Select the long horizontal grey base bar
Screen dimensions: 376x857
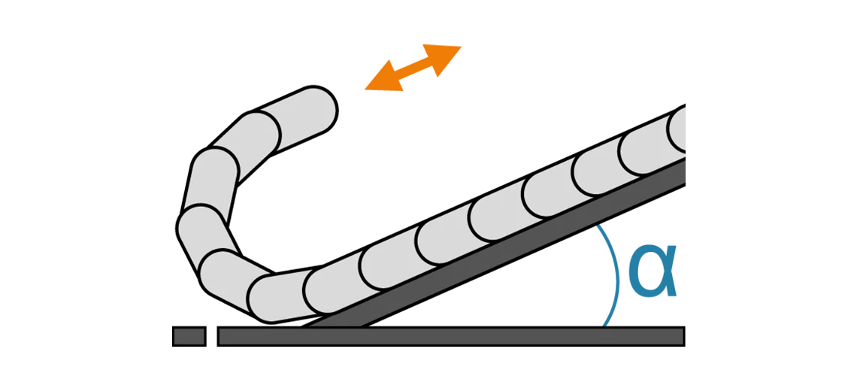[451, 336]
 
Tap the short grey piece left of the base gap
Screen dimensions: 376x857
[189, 336]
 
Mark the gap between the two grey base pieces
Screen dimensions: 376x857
[212, 336]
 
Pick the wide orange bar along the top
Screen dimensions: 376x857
[639, 71]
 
